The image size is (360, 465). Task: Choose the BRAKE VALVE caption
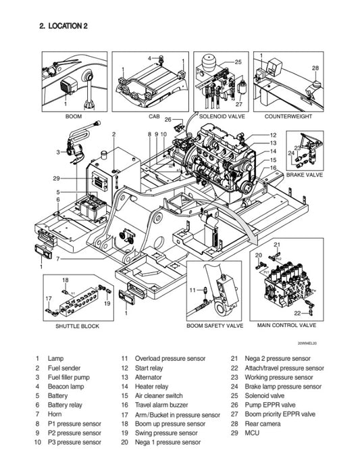pyautogui.click(x=304, y=174)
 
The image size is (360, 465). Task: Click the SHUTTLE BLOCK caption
pyautogui.click(x=77, y=326)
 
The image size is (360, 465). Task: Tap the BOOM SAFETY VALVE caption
pyautogui.click(x=215, y=326)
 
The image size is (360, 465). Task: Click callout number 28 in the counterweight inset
pyautogui.click(x=315, y=68)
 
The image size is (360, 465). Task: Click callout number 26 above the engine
pyautogui.click(x=168, y=120)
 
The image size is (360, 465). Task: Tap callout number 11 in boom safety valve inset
pyautogui.click(x=192, y=290)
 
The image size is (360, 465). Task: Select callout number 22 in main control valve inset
pyautogui.click(x=297, y=312)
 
